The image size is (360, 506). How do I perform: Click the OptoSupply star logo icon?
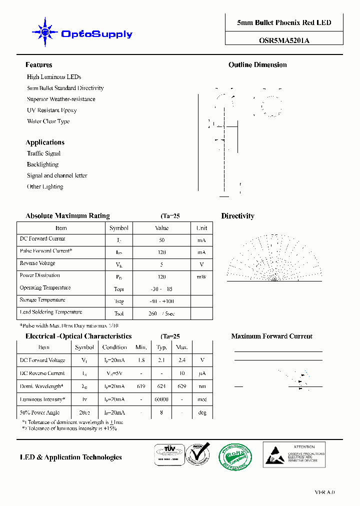[45, 33]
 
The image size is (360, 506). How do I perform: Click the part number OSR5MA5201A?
[283, 41]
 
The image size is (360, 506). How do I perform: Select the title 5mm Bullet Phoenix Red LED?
[283, 23]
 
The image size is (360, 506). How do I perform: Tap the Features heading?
[38, 65]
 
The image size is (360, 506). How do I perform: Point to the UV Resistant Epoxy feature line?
[51, 110]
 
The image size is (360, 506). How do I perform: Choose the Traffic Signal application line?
[43, 153]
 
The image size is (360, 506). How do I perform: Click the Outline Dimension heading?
[257, 65]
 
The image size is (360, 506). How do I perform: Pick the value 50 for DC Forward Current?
[161, 240]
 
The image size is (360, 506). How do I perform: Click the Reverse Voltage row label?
[37, 263]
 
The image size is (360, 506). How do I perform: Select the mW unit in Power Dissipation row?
[201, 276]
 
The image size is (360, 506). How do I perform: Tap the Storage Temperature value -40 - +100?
[162, 301]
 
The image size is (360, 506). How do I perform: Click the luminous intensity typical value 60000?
[161, 399]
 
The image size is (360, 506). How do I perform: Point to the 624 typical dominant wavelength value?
[161, 386]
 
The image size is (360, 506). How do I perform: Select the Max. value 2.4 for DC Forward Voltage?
[182, 360]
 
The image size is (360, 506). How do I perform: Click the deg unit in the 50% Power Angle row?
[202, 412]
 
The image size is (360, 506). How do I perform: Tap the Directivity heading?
[237, 216]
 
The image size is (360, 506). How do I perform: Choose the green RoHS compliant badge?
[235, 456]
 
